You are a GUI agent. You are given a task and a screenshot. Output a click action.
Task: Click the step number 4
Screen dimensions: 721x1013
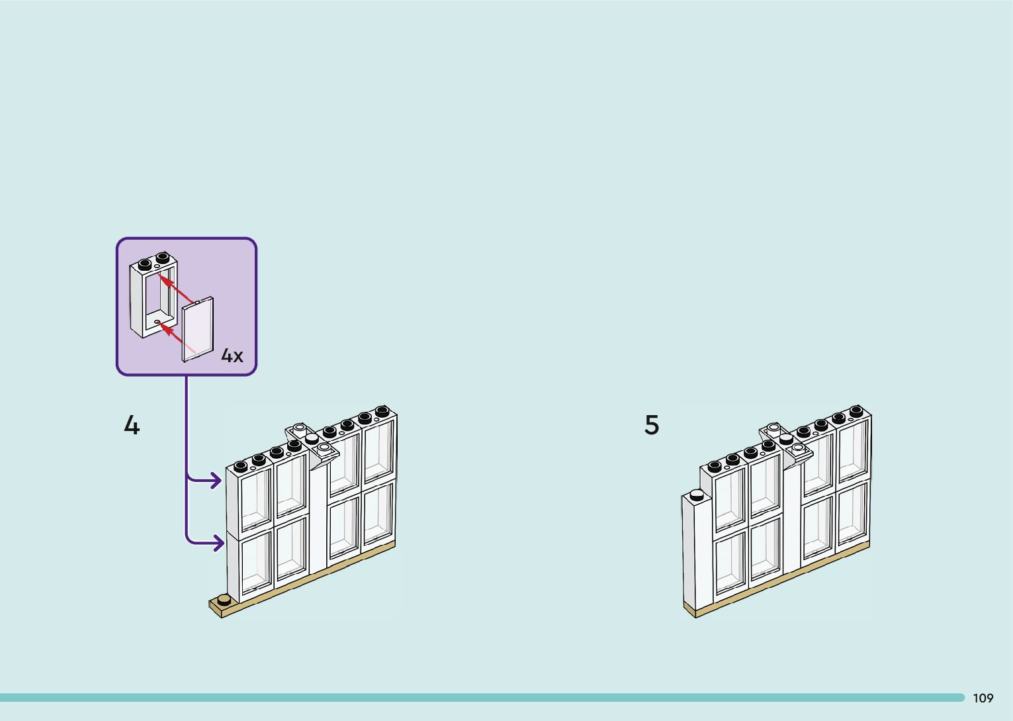click(132, 425)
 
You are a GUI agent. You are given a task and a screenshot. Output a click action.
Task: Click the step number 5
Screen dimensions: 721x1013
click(652, 425)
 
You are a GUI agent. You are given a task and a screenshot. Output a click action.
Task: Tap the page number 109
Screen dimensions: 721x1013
click(983, 698)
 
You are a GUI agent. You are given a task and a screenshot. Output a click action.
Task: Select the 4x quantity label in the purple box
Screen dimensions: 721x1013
click(232, 356)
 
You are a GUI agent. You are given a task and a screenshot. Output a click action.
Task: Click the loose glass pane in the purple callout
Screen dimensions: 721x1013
click(198, 329)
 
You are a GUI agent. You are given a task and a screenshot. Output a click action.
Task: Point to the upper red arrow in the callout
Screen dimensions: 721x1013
click(177, 290)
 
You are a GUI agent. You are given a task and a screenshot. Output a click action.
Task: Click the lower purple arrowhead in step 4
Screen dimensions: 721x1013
click(216, 543)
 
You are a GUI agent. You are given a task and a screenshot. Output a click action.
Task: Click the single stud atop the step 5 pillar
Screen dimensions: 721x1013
click(695, 494)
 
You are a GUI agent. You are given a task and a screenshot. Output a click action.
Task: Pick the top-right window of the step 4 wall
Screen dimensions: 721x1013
click(378, 450)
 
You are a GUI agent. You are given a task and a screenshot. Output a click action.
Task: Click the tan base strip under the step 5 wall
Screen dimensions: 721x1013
click(781, 582)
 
